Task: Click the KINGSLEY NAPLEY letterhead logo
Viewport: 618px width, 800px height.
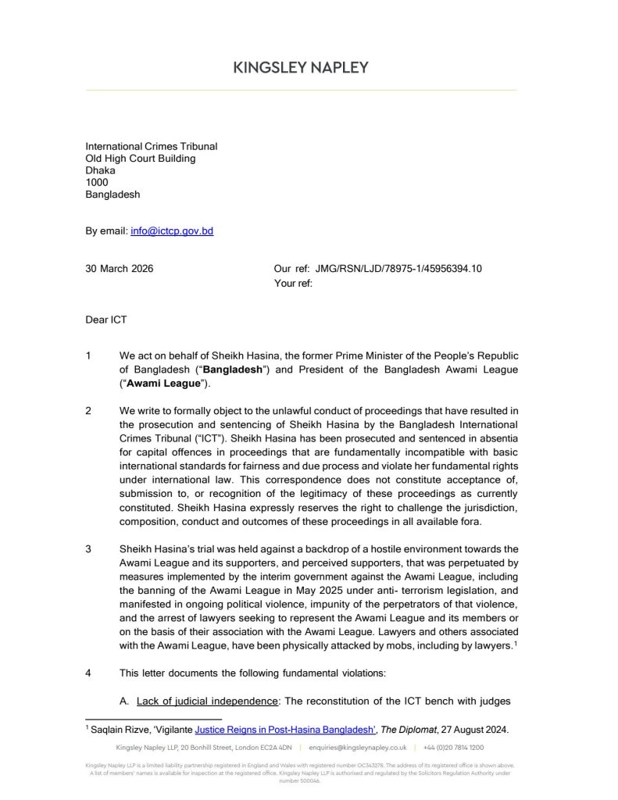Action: [301, 68]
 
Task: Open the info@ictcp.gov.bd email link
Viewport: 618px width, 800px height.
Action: [172, 232]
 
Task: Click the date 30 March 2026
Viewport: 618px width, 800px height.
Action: [119, 269]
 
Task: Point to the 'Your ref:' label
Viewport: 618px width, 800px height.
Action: [293, 284]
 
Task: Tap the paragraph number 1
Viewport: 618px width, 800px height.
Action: [88, 356]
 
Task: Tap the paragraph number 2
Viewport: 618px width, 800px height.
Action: [88, 410]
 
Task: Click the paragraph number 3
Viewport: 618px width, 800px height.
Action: [88, 548]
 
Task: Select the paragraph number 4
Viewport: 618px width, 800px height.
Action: [88, 673]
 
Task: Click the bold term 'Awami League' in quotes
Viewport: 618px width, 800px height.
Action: [163, 384]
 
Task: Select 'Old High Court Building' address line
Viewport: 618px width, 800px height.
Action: [140, 159]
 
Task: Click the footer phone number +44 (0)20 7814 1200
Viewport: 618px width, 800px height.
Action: [453, 748]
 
